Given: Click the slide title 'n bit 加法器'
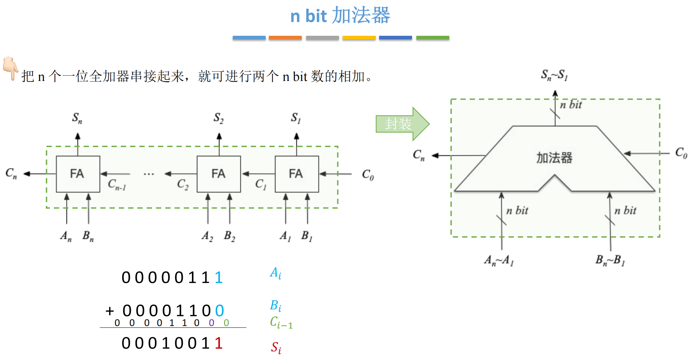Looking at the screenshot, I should (x=340, y=16).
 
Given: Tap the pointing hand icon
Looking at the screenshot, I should (x=10, y=68).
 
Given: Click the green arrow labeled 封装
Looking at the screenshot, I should (x=402, y=124).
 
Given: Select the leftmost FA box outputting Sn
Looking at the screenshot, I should (x=78, y=174).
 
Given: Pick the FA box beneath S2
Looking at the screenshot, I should (x=219, y=174).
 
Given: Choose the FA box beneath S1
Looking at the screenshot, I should (x=297, y=174).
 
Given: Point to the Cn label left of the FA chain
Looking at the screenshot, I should (x=11, y=173).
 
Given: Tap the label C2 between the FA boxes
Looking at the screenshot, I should (x=183, y=185).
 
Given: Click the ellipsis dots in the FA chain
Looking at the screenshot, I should (x=149, y=174).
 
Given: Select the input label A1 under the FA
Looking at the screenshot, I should (x=285, y=236).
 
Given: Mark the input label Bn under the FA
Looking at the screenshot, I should (x=88, y=236).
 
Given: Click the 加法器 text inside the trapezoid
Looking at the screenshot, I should (x=554, y=158).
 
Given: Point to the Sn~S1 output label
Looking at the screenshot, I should (x=554, y=75).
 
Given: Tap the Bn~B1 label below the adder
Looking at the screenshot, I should (x=610, y=260).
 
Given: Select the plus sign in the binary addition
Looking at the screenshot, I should (x=110, y=311).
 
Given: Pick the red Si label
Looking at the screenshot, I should (x=276, y=348).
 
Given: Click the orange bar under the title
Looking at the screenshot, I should (x=285, y=38).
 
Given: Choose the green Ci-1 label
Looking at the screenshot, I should (x=281, y=322).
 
